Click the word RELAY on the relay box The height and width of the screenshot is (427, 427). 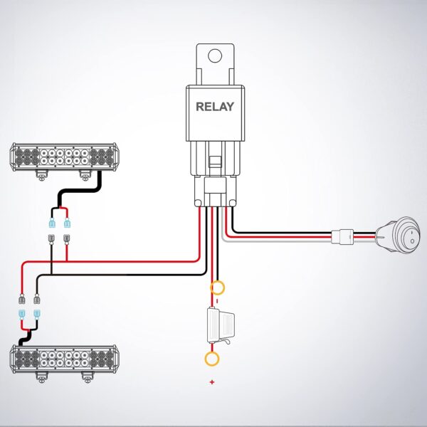coord(215,107)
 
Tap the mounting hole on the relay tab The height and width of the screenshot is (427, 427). coord(215,55)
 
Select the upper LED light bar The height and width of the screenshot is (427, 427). coord(64,156)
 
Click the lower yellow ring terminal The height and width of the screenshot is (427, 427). coord(212,359)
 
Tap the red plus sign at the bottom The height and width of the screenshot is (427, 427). coord(212,383)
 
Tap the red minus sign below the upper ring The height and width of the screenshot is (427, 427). coord(217,301)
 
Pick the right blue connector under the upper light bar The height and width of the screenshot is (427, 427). coord(67,224)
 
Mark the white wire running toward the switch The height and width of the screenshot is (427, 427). coord(285,241)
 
